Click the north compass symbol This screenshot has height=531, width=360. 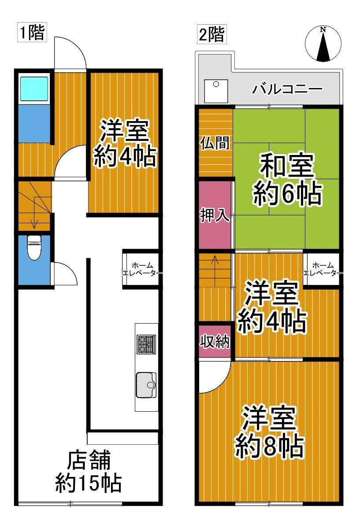pyautogui.click(x=323, y=44)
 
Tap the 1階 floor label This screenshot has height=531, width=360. pyautogui.click(x=32, y=33)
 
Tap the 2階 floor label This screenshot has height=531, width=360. pyautogui.click(x=212, y=34)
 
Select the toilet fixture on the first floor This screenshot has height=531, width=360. pyautogui.click(x=34, y=248)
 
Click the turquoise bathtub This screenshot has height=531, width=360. pyautogui.click(x=34, y=88)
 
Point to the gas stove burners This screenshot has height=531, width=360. pyautogui.click(x=146, y=344)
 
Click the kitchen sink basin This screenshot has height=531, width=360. pyautogui.click(x=146, y=385)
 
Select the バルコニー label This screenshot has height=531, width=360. pyautogui.click(x=287, y=89)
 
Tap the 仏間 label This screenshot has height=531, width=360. pyautogui.click(x=215, y=143)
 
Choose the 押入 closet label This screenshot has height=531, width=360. pyautogui.click(x=215, y=215)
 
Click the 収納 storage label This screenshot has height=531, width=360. pyautogui.click(x=215, y=342)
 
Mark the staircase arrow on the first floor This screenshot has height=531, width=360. pyautogui.click(x=35, y=213)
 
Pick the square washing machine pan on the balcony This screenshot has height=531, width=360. pyautogui.click(x=216, y=91)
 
